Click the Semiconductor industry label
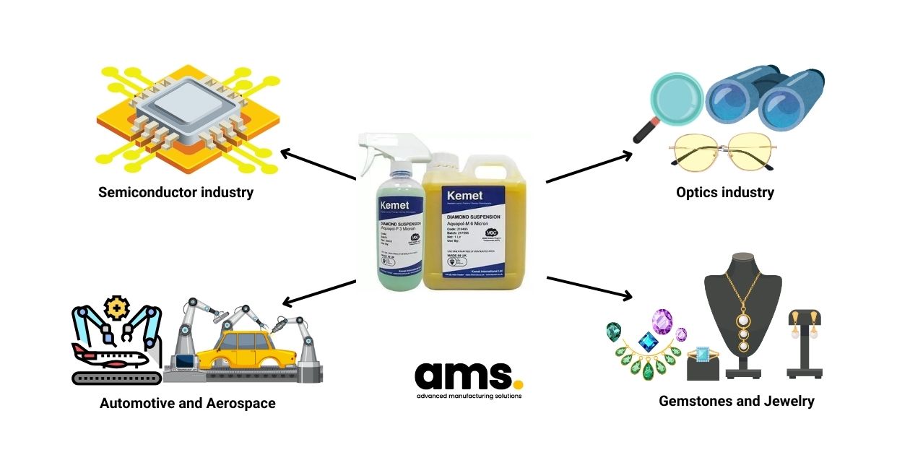point(175,193)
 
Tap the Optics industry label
point(725,193)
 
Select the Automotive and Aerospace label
point(188,403)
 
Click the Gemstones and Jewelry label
point(736,401)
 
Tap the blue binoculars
point(766,97)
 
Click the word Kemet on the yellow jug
point(467,196)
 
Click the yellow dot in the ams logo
point(517,383)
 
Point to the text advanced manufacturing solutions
point(469,396)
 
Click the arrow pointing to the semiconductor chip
point(318,165)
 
